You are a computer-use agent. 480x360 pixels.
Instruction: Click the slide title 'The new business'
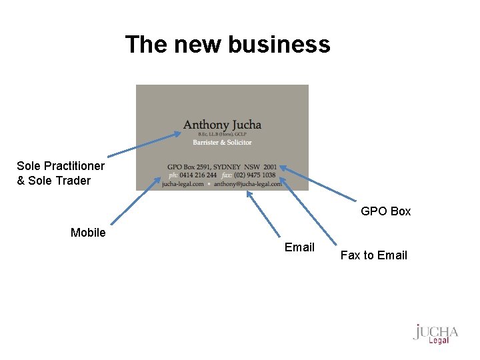227,45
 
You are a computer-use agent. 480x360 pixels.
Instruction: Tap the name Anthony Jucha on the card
222,125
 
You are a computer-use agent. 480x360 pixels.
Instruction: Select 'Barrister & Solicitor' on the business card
222,142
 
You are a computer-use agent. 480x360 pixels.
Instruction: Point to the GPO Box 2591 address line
221,167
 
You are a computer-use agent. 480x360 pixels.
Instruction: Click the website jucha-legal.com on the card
183,183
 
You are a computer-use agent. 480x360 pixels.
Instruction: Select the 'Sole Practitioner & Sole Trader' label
60,173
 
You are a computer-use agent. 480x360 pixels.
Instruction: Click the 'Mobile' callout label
88,233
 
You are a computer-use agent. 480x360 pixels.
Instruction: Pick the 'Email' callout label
299,247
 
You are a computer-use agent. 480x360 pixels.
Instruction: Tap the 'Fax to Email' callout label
373,255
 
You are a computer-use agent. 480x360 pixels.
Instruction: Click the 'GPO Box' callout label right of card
385,211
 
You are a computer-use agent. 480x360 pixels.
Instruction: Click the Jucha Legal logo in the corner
436,333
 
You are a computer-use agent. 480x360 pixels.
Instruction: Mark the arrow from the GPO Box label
320,183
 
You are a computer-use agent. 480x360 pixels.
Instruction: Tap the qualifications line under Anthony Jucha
222,135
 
